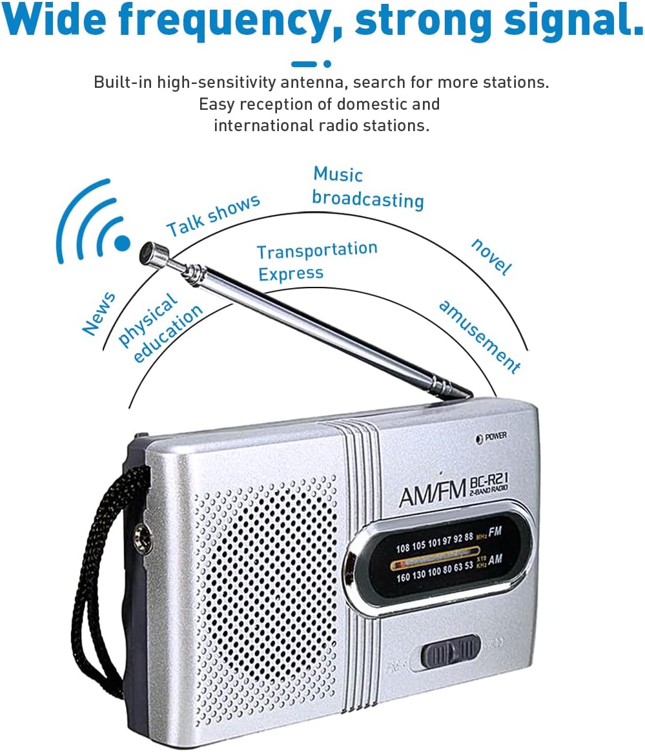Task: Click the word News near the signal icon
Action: (x=99, y=314)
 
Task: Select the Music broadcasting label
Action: (x=367, y=188)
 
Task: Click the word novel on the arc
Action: (x=491, y=256)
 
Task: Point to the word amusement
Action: (x=479, y=336)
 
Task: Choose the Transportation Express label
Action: (x=316, y=261)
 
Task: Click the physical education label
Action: (x=160, y=326)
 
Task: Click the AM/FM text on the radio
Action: (x=432, y=494)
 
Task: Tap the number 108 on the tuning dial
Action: (x=403, y=547)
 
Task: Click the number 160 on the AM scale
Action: (x=403, y=577)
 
